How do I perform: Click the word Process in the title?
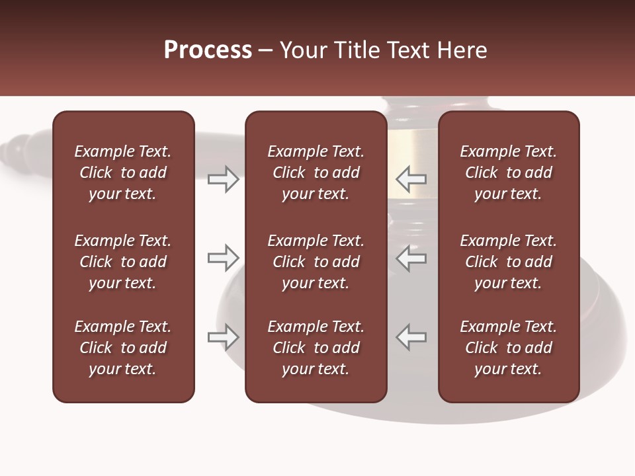pyautogui.click(x=208, y=50)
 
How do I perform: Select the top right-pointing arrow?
pyautogui.click(x=223, y=179)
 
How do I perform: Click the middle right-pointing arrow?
pyautogui.click(x=223, y=258)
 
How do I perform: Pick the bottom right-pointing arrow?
pyautogui.click(x=223, y=337)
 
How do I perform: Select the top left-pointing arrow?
pyautogui.click(x=411, y=178)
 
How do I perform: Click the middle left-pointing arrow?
pyautogui.click(x=411, y=258)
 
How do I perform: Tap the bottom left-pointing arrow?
pyautogui.click(x=411, y=337)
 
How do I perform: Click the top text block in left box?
pyautogui.click(x=123, y=173)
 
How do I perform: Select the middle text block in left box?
pyautogui.click(x=123, y=262)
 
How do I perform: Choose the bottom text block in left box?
pyautogui.click(x=123, y=348)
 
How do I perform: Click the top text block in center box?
pyautogui.click(x=316, y=173)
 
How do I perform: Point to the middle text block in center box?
pyautogui.click(x=316, y=262)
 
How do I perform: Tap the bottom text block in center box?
pyautogui.click(x=316, y=348)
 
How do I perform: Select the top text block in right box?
pyautogui.click(x=508, y=173)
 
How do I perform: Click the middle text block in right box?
pyautogui.click(x=508, y=262)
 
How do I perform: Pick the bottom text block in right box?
pyautogui.click(x=508, y=348)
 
